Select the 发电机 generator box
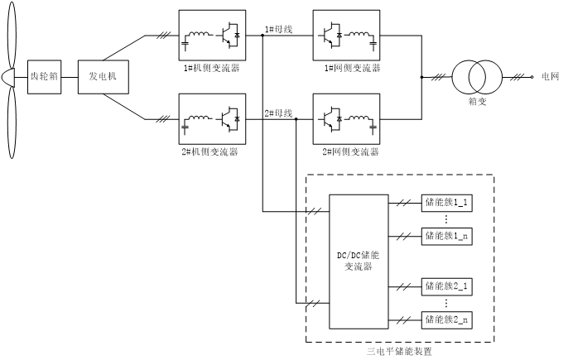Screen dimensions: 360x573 (104, 77)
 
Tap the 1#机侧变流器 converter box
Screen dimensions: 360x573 (211, 36)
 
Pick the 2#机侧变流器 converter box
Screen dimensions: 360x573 (211, 120)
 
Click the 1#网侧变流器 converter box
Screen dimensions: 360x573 (346, 36)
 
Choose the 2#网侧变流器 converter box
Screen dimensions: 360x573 (346, 120)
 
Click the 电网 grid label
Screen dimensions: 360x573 (551, 77)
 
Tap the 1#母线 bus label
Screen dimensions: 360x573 (278, 29)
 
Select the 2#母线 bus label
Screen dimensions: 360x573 (278, 113)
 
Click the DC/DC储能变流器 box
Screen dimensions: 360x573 (359, 261)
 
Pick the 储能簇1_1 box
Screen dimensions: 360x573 (447, 202)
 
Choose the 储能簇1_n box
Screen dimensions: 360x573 (447, 236)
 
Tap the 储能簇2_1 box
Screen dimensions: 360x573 (447, 286)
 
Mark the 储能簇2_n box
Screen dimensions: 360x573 (447, 319)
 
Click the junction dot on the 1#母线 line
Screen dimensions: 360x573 (262, 36)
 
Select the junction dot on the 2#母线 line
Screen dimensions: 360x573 (296, 120)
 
